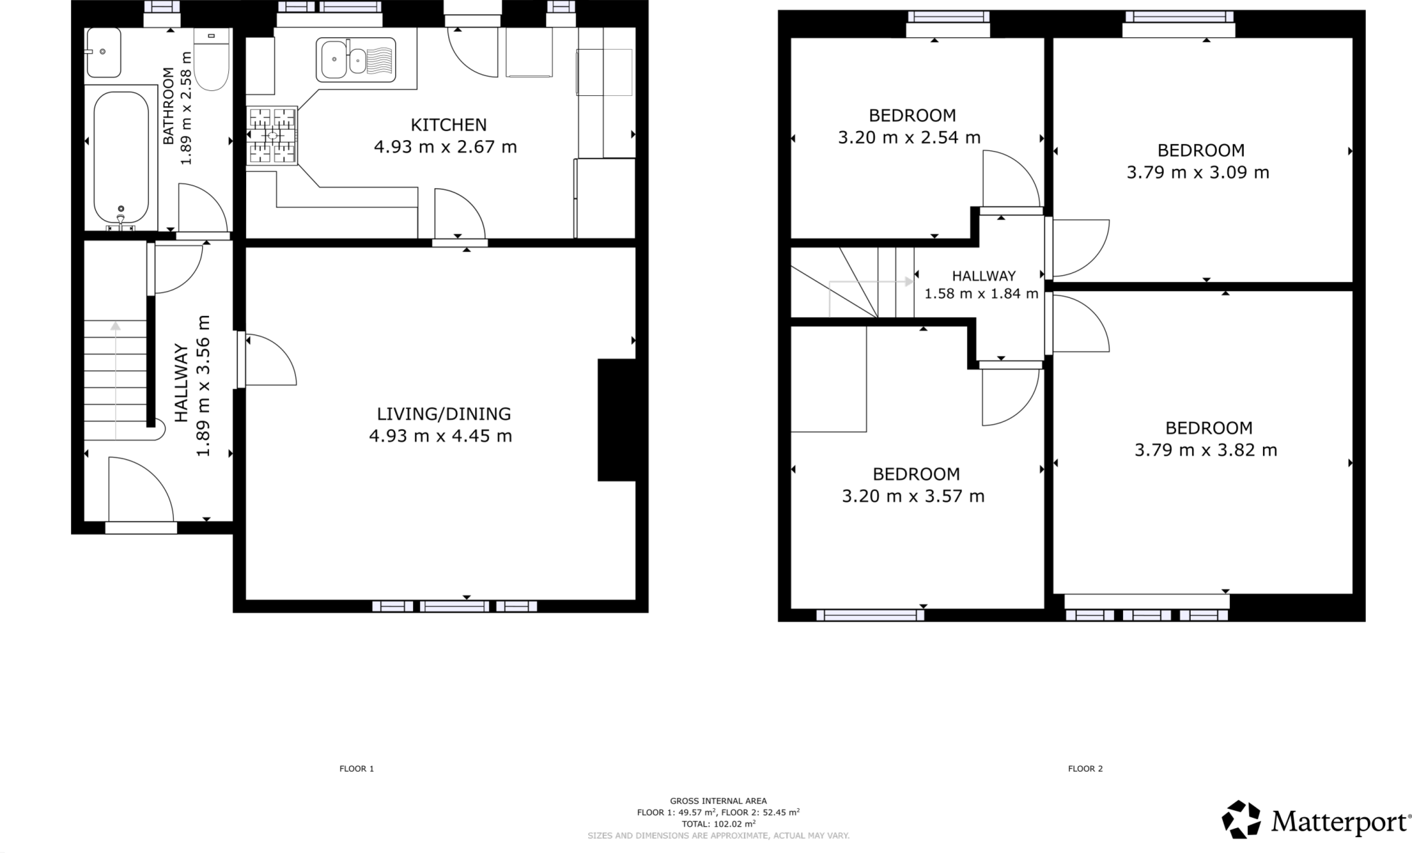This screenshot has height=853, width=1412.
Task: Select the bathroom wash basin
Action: pyautogui.click(x=103, y=52)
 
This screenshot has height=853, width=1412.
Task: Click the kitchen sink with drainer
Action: pyautogui.click(x=356, y=59)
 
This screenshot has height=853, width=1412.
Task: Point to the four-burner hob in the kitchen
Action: pyautogui.click(x=272, y=136)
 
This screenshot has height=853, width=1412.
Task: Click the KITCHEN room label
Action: pyautogui.click(x=448, y=125)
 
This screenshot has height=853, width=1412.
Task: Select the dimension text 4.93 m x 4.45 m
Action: pyautogui.click(x=441, y=436)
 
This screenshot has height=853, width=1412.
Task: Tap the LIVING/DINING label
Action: pyautogui.click(x=443, y=414)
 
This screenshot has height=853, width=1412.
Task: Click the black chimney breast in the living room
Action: pyautogui.click(x=616, y=419)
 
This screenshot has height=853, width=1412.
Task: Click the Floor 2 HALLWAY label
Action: pyautogui.click(x=984, y=276)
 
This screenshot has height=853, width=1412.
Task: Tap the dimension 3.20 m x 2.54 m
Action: pyautogui.click(x=909, y=137)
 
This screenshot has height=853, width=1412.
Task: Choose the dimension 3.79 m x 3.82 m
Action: pyautogui.click(x=1205, y=450)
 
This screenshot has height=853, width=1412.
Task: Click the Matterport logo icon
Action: pyautogui.click(x=1241, y=819)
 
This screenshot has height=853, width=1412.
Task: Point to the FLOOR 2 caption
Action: pyautogui.click(x=1085, y=768)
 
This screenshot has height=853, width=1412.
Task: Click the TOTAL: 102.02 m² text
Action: pyautogui.click(x=718, y=823)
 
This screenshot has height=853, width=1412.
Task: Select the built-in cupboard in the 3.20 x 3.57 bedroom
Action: pyautogui.click(x=828, y=379)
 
